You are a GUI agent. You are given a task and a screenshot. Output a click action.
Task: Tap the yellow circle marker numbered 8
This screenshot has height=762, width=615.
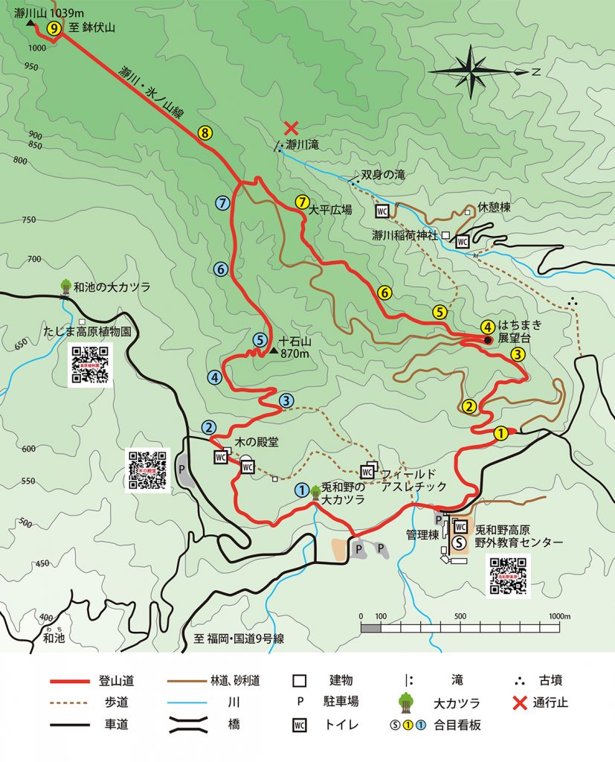205,133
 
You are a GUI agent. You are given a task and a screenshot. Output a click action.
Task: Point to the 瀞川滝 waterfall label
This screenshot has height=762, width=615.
302,144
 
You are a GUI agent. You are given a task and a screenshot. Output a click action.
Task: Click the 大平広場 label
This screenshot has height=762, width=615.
330,210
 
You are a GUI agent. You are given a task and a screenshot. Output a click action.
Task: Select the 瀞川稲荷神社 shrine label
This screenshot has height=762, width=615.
405,235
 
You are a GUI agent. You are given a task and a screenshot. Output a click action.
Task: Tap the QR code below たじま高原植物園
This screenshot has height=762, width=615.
91,365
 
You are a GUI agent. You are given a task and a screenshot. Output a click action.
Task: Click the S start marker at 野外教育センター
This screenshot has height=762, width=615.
460,542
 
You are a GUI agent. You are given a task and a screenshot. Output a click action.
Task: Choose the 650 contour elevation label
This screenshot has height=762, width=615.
20,342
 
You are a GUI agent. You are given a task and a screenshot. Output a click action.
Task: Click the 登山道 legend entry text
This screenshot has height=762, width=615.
116,680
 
